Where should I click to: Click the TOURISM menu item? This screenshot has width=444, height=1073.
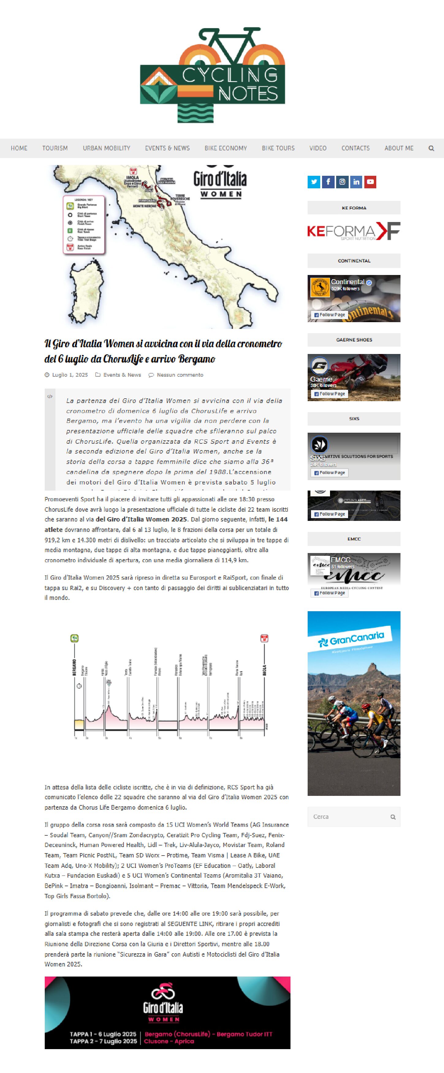click(x=55, y=148)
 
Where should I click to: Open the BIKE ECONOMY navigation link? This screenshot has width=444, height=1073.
click(x=226, y=148)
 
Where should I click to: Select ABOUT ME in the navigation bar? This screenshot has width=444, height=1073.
click(x=399, y=148)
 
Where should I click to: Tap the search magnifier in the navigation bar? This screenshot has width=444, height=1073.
click(x=431, y=148)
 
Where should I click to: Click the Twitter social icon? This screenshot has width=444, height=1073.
click(x=313, y=182)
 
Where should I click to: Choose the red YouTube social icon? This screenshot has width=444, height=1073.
click(x=370, y=182)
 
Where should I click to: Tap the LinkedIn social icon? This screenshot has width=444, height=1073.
click(x=356, y=182)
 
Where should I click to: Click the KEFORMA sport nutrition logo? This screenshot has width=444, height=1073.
click(x=354, y=232)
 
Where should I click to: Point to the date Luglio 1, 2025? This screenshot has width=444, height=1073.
click(x=70, y=375)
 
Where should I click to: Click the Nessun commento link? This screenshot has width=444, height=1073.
click(x=180, y=375)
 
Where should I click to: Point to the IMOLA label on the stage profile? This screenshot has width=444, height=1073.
click(x=264, y=670)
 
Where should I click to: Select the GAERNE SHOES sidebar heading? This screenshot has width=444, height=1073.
click(x=354, y=340)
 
